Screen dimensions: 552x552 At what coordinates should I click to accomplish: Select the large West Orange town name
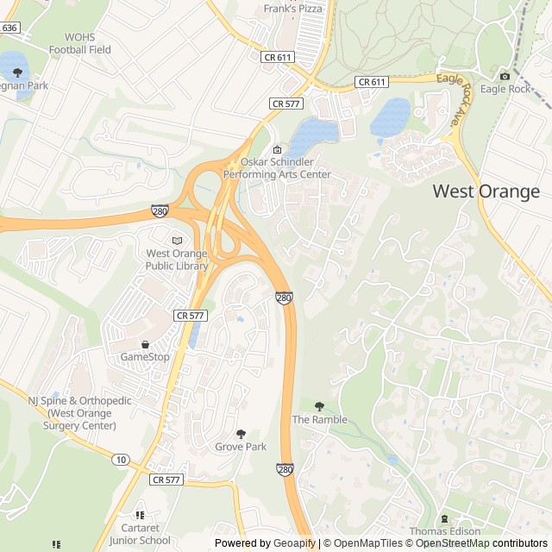click(486, 191)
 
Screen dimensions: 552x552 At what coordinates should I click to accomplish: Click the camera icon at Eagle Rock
click(505, 76)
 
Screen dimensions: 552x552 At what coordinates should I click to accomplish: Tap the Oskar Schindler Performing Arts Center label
click(277, 168)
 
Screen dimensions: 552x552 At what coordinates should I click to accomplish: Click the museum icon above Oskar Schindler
click(277, 150)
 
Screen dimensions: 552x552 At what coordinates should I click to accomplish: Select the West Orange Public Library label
click(177, 260)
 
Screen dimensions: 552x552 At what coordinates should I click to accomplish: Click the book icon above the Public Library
click(177, 241)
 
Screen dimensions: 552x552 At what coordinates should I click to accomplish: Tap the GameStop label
click(145, 356)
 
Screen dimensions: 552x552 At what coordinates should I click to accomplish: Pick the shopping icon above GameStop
click(145, 344)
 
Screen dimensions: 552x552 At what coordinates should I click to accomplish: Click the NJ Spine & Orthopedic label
click(79, 413)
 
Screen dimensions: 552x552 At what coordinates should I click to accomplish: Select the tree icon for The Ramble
click(320, 406)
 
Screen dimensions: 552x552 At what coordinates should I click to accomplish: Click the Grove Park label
click(241, 447)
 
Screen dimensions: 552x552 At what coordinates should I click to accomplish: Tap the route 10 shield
click(119, 459)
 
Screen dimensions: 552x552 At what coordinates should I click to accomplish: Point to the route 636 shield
click(9, 28)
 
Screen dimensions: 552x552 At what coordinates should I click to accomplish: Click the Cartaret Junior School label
click(140, 534)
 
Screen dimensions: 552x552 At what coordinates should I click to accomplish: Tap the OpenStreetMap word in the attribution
click(454, 543)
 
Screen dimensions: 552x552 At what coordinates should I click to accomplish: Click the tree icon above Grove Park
click(241, 434)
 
